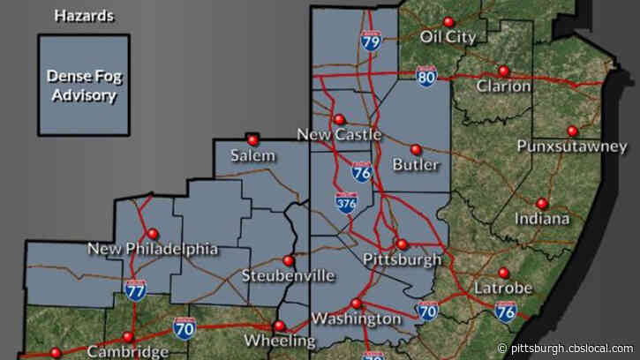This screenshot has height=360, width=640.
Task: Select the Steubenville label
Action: pyautogui.click(x=288, y=276)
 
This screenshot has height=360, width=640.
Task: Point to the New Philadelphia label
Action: pyautogui.click(x=153, y=249)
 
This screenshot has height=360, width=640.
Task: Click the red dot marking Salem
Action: pyautogui.click(x=253, y=139)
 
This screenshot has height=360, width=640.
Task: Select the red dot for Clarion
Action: pyautogui.click(x=504, y=71)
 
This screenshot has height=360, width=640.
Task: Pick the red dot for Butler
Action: pyautogui.click(x=417, y=149)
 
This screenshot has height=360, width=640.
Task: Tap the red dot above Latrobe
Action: pyautogui.click(x=504, y=273)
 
